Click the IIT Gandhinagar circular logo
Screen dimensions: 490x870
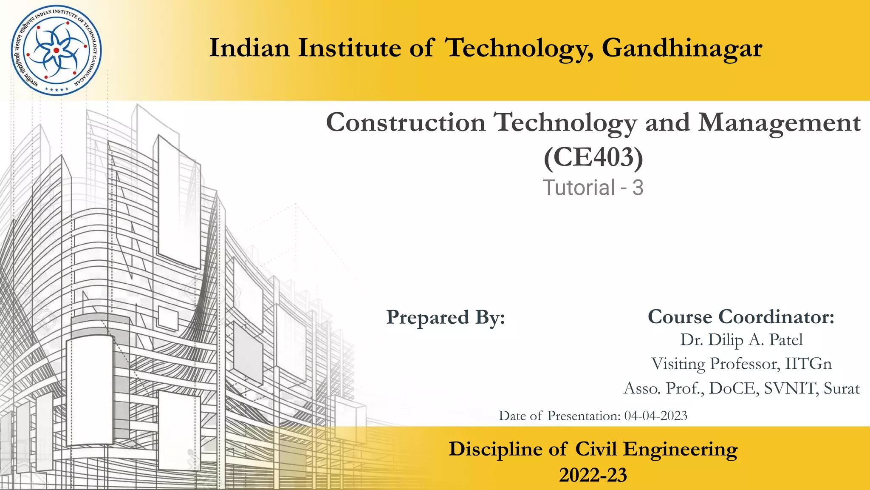pos(56,51)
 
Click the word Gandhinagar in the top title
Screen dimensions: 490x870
pos(682,48)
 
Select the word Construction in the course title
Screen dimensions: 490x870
pos(406,123)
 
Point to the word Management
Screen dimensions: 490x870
pos(780,123)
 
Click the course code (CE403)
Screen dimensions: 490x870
pos(593,157)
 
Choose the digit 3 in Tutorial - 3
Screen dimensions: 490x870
pos(638,188)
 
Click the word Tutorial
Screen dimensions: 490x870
pos(579,188)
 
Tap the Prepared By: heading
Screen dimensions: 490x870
pos(446,317)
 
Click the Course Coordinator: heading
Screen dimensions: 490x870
pos(741,317)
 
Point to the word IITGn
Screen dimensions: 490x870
pos(808,364)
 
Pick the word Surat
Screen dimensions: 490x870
pos(842,388)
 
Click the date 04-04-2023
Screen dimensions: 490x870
pos(655,416)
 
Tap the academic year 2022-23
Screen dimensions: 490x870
pos(593,475)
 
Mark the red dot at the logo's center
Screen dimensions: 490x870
pos(56,51)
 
